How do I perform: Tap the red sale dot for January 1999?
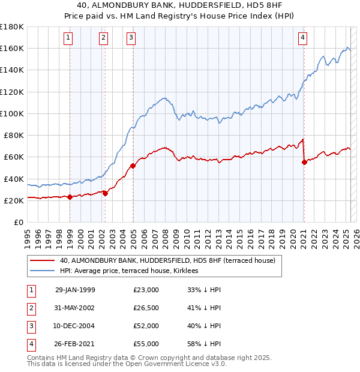click(x=70, y=197)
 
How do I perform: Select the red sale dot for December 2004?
click(x=133, y=166)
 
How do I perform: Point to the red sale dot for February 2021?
click(x=304, y=162)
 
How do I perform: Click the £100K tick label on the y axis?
click(x=12, y=113)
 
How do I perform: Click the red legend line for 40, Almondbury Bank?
click(x=42, y=261)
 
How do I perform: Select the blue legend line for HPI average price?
click(x=42, y=271)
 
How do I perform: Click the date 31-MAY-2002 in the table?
click(x=75, y=308)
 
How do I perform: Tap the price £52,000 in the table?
click(x=146, y=327)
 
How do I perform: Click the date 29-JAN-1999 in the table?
click(x=75, y=290)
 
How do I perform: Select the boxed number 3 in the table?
click(x=30, y=327)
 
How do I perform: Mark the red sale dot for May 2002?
click(x=105, y=193)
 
